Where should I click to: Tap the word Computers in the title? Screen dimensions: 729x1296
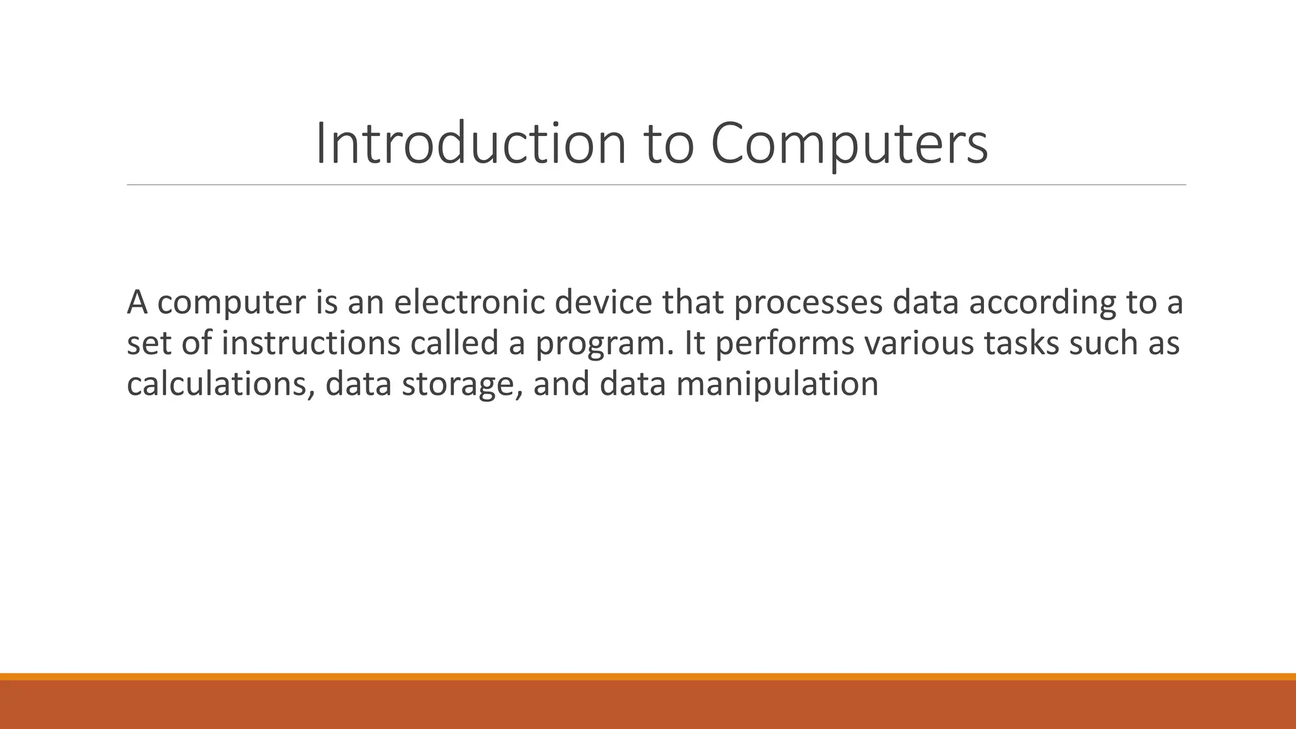point(849,144)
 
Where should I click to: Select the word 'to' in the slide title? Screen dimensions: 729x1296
point(670,144)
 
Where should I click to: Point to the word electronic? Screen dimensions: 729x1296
point(468,302)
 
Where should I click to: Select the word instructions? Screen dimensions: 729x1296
point(311,343)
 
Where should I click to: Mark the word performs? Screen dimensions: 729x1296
point(784,343)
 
